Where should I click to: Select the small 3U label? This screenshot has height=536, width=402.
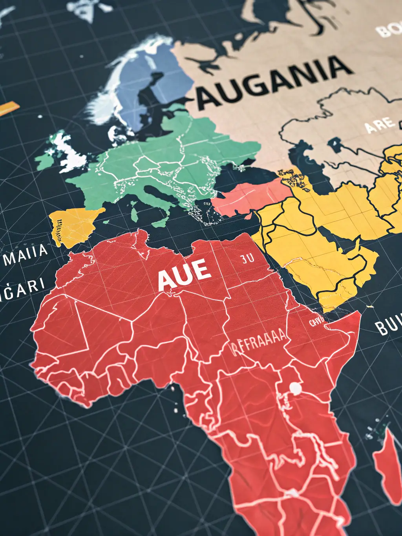click(x=247, y=258)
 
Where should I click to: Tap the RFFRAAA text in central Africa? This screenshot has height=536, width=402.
click(x=259, y=343)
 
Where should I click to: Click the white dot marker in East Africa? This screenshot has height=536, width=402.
click(x=295, y=389)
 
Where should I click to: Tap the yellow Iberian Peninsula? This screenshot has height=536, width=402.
click(x=75, y=225)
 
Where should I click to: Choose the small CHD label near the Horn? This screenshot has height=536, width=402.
click(x=316, y=322)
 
